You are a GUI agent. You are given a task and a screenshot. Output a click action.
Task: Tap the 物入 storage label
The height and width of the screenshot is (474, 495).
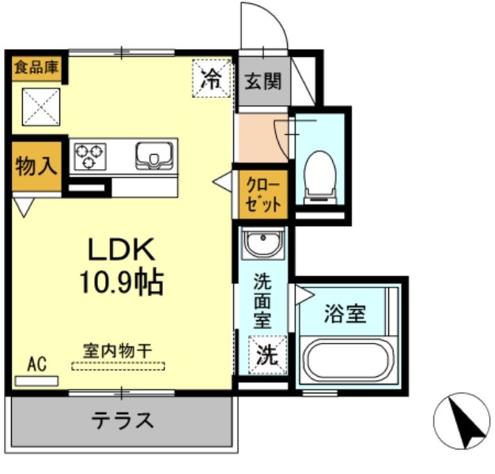36,167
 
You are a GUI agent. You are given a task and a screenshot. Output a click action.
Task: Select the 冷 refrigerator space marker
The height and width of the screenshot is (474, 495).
212,78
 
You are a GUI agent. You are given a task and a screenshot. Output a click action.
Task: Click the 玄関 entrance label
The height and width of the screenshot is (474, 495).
262,81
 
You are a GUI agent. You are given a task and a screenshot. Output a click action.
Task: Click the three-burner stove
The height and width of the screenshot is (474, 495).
91,154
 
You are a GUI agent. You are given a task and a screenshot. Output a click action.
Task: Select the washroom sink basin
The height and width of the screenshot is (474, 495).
263,245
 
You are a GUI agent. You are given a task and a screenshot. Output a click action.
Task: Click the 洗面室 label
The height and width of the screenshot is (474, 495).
263,300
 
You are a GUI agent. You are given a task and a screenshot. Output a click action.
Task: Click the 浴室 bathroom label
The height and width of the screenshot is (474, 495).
345,314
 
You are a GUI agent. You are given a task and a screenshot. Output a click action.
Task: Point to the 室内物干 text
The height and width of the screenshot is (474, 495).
119,349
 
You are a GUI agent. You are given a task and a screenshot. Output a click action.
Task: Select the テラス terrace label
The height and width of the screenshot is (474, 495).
123,419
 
